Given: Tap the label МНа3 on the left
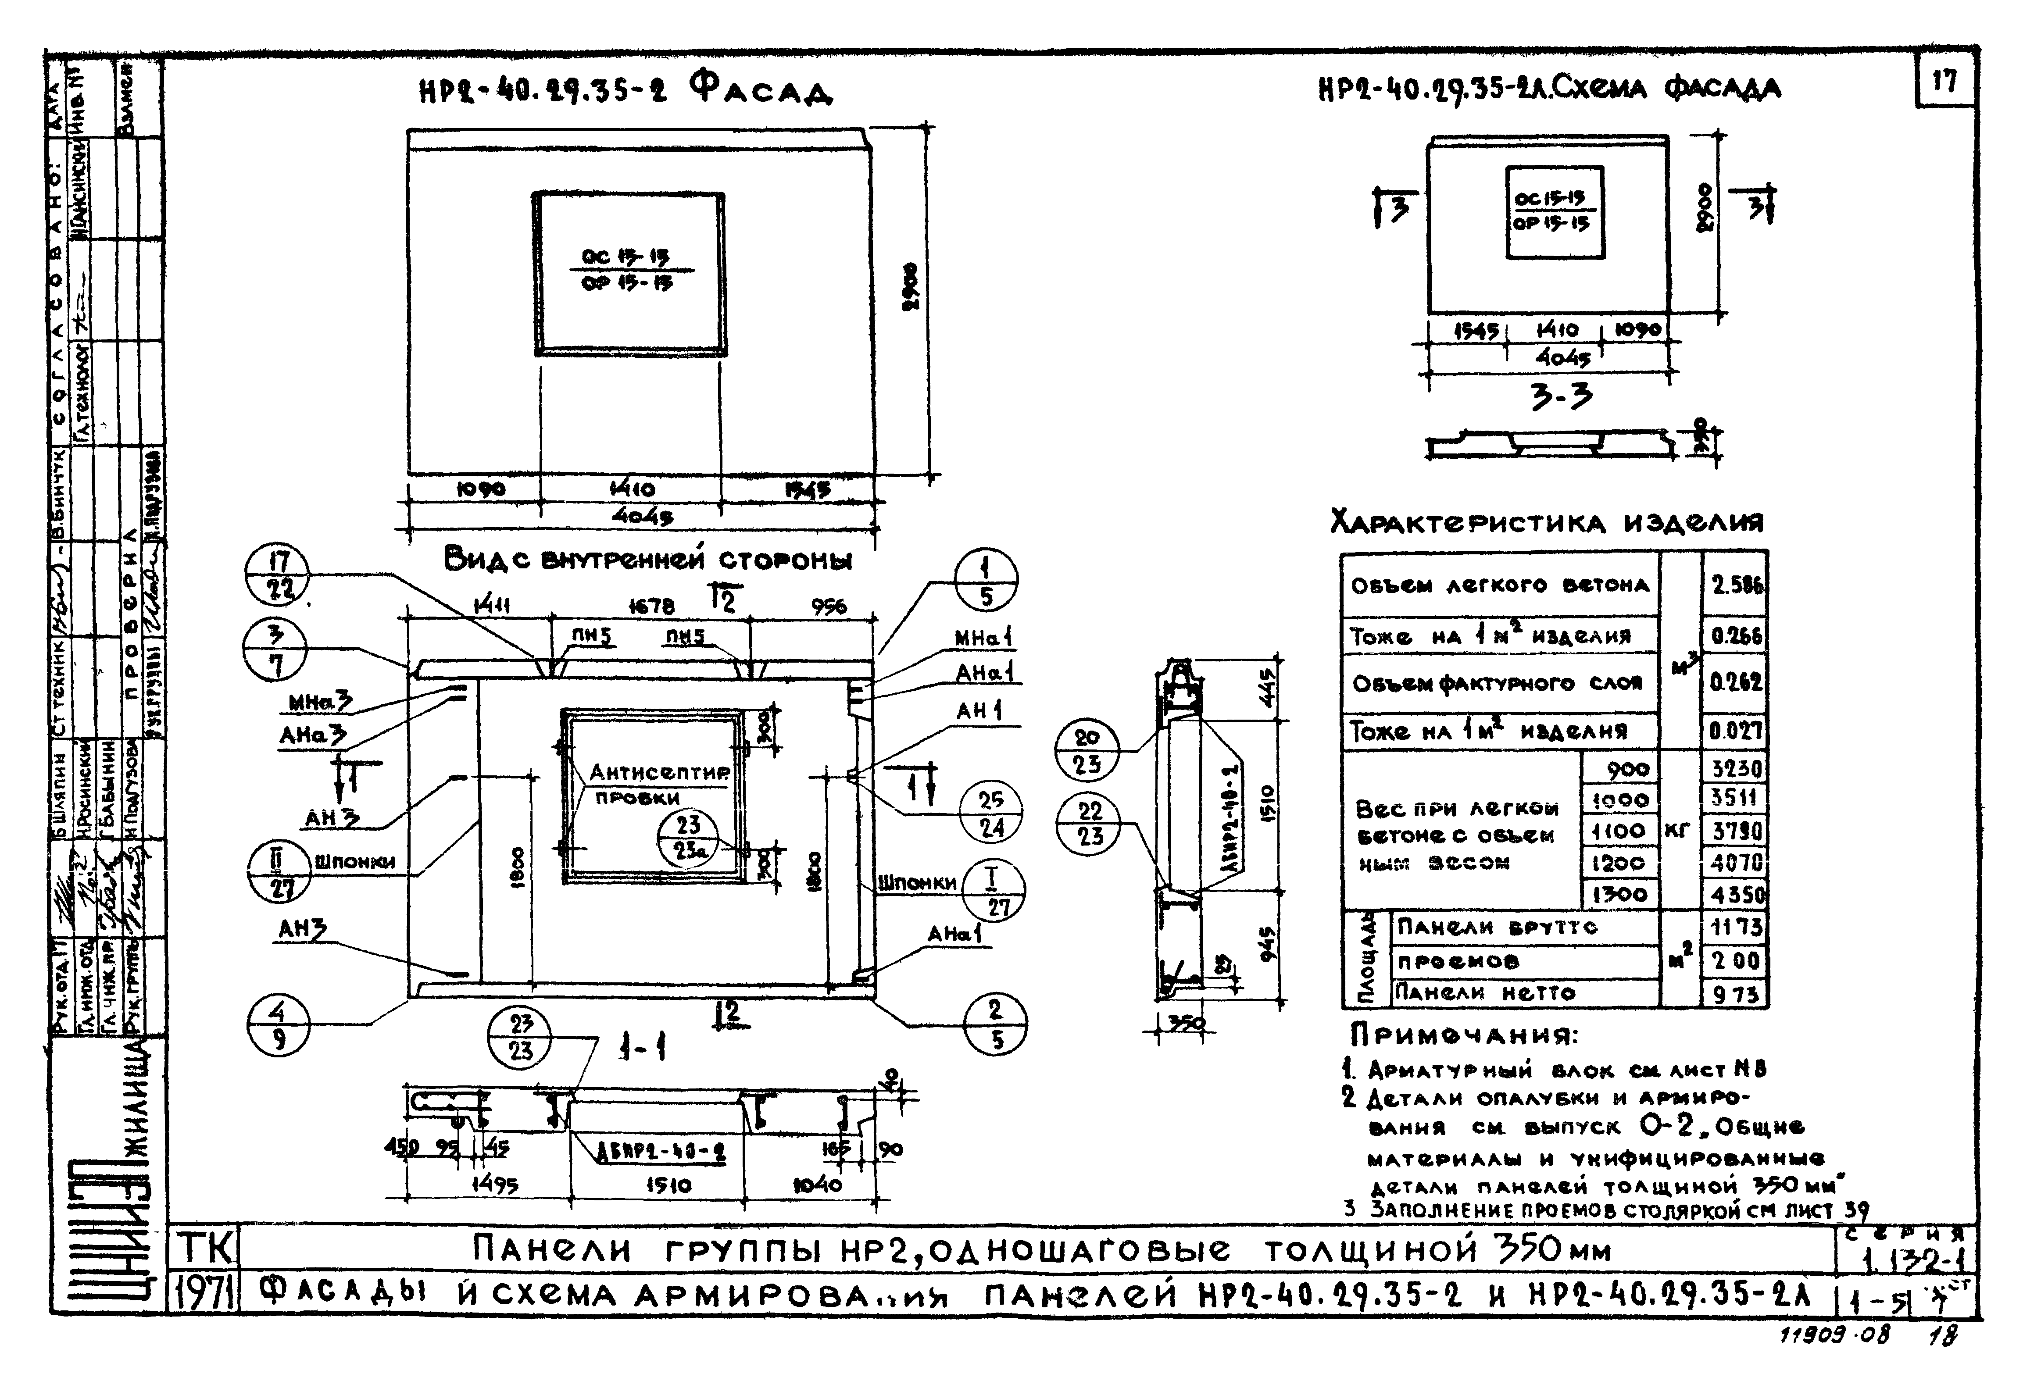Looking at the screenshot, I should [321, 703].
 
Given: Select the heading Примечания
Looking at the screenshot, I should [1463, 1036].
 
